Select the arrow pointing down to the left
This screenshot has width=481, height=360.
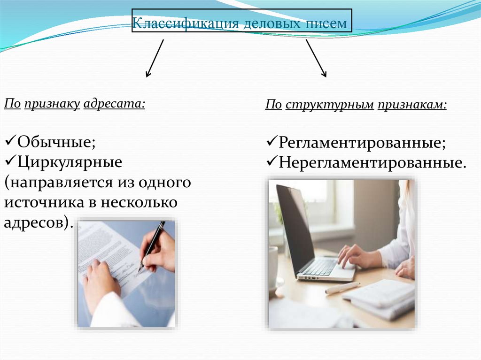pyautogui.click(x=155, y=58)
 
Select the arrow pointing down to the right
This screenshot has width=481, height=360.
pyautogui.click(x=316, y=58)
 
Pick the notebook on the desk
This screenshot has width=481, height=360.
pyautogui.click(x=380, y=296)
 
